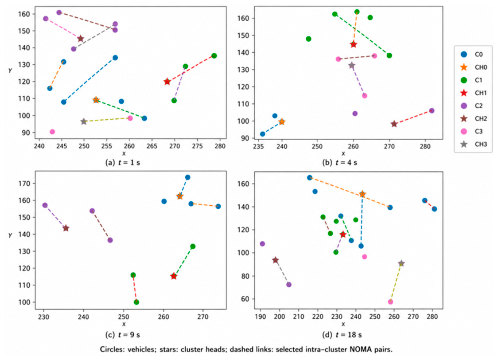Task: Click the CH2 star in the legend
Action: coord(464,118)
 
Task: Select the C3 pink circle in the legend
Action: coord(464,132)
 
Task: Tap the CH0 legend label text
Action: coord(481,67)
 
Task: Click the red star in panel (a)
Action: coord(167,82)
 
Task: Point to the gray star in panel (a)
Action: coord(84,121)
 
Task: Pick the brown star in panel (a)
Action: coord(80,39)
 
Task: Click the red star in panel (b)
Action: coord(354,44)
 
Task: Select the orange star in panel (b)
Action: coord(282,121)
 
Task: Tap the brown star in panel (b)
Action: coord(394,124)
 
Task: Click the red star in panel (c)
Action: coord(173,276)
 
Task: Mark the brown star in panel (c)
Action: coord(66,228)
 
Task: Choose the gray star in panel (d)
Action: coord(401,263)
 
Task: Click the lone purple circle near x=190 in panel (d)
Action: coord(262,244)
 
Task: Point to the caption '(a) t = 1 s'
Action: coord(123,163)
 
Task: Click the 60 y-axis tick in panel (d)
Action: coord(247,299)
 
